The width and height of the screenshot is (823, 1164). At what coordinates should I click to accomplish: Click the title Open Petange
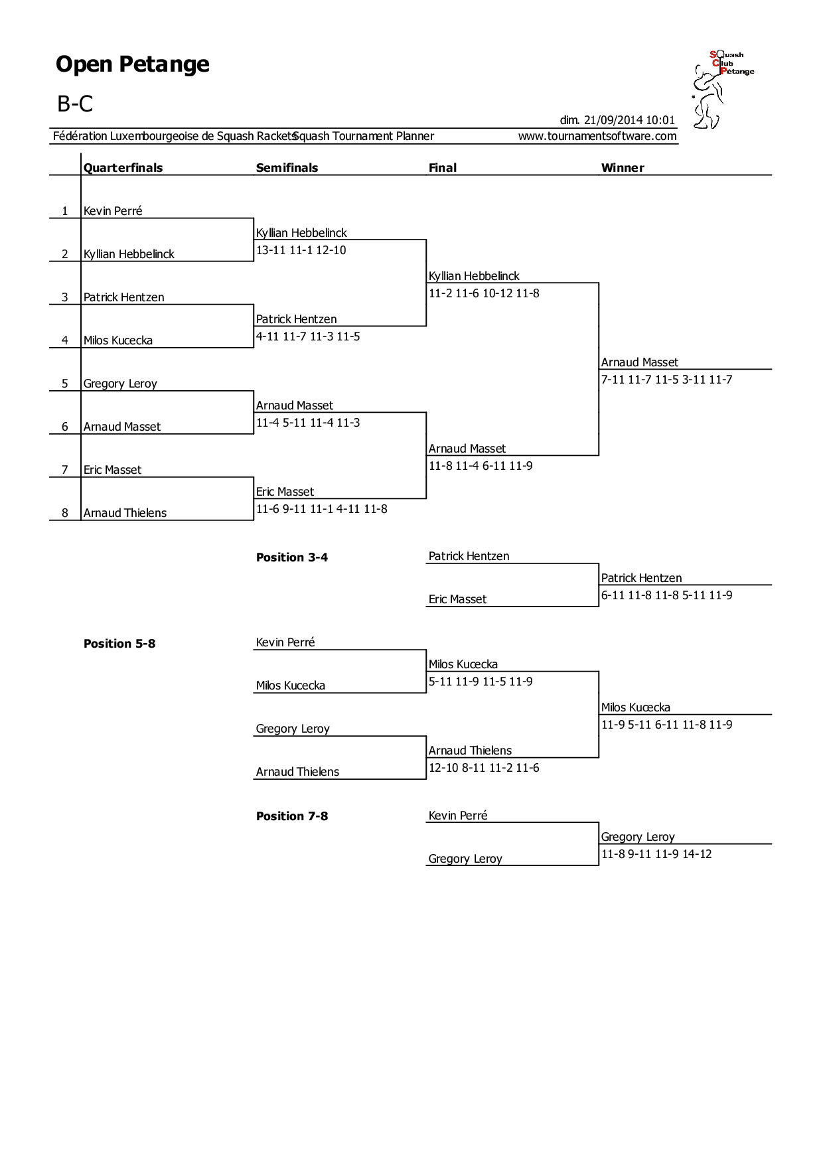[x=133, y=64]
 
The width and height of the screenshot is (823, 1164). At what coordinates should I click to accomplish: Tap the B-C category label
[x=75, y=104]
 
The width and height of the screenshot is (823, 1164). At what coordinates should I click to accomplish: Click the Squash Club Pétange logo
[x=723, y=90]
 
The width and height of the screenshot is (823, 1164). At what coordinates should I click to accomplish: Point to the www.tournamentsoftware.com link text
[x=597, y=136]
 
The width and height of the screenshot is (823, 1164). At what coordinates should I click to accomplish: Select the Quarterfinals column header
[x=123, y=168]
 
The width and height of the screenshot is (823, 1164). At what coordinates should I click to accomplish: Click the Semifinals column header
[x=287, y=168]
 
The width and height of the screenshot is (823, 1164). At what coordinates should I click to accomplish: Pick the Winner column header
[x=623, y=168]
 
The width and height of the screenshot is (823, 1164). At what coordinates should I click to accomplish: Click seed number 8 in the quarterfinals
[x=65, y=513]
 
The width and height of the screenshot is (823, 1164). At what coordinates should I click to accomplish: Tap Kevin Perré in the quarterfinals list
[x=113, y=211]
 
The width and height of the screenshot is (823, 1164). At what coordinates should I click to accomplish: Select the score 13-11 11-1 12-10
[x=301, y=250]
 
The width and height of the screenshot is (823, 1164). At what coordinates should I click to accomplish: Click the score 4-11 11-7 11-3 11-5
[x=308, y=336]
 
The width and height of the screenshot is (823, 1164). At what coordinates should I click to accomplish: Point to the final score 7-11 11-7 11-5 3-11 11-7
[x=667, y=380]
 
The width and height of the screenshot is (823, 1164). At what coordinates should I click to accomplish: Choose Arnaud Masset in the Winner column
[x=640, y=362]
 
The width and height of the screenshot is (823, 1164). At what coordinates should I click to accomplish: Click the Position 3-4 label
[x=292, y=557]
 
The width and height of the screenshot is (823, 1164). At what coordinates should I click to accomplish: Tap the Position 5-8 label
[x=119, y=644]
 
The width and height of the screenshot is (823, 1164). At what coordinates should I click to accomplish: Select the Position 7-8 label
[x=292, y=816]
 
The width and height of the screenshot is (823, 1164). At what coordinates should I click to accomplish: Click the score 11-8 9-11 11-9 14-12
[x=656, y=854]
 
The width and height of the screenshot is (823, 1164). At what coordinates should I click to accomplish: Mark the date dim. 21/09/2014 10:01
[x=617, y=120]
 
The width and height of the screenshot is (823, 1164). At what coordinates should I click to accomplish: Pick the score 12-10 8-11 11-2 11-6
[x=484, y=768]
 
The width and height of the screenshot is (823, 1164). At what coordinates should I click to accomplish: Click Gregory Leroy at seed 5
[x=120, y=384]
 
